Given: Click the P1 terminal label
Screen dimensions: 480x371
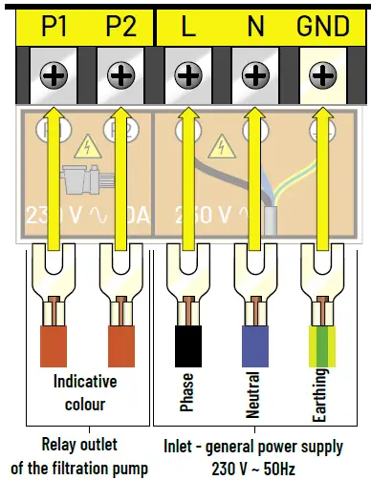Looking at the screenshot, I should coord(54,25).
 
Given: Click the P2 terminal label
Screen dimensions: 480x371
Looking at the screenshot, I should coord(120,25).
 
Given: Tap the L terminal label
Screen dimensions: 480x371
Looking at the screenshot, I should coord(189,25).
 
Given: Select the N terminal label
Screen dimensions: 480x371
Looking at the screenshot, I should coord(255,25).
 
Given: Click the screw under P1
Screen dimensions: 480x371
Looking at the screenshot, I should coord(54,73).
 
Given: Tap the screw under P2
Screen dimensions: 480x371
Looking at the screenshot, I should coord(120,73).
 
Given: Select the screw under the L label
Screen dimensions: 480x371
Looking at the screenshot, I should coord(189,73).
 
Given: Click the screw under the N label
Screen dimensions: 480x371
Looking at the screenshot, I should coord(255,73).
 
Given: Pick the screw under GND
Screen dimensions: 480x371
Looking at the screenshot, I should coord(322,73).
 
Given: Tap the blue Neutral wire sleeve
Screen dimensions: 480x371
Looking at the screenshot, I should coord(255,344).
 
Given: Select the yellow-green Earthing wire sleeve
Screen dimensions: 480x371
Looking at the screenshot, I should coord(322,344).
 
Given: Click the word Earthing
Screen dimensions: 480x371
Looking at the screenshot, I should coord(322,394).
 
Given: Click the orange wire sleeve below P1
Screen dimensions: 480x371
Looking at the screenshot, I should coord(54,344).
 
